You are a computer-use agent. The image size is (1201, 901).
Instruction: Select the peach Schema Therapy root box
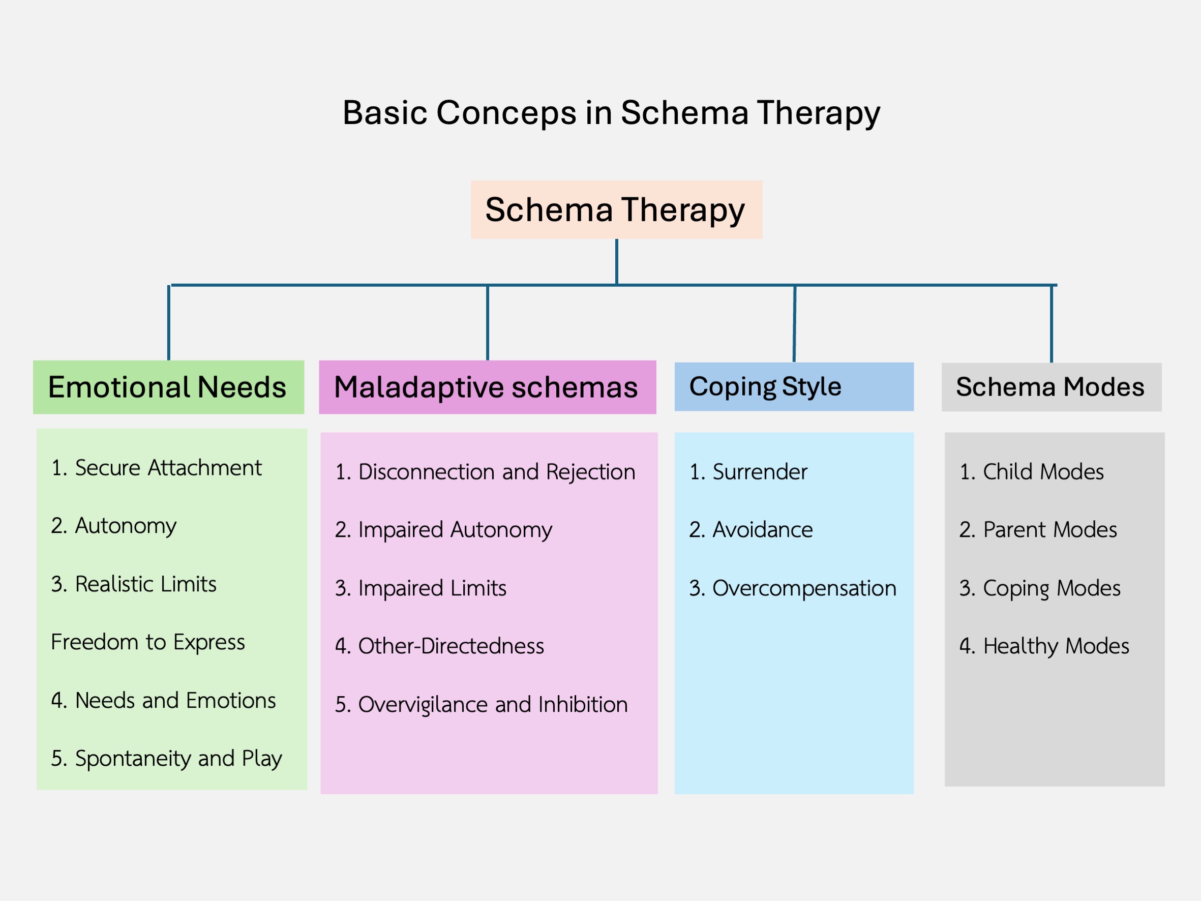[616, 209]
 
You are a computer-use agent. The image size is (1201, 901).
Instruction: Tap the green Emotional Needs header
[168, 387]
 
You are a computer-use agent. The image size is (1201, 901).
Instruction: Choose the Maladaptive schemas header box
[487, 387]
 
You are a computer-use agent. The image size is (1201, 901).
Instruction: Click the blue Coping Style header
[793, 386]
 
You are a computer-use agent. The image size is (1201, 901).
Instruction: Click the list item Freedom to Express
[147, 642]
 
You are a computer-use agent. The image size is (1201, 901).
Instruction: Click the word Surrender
[760, 472]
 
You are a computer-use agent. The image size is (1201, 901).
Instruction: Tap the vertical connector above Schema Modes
[1052, 324]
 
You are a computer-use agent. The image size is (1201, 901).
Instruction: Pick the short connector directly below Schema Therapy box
[617, 261]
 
